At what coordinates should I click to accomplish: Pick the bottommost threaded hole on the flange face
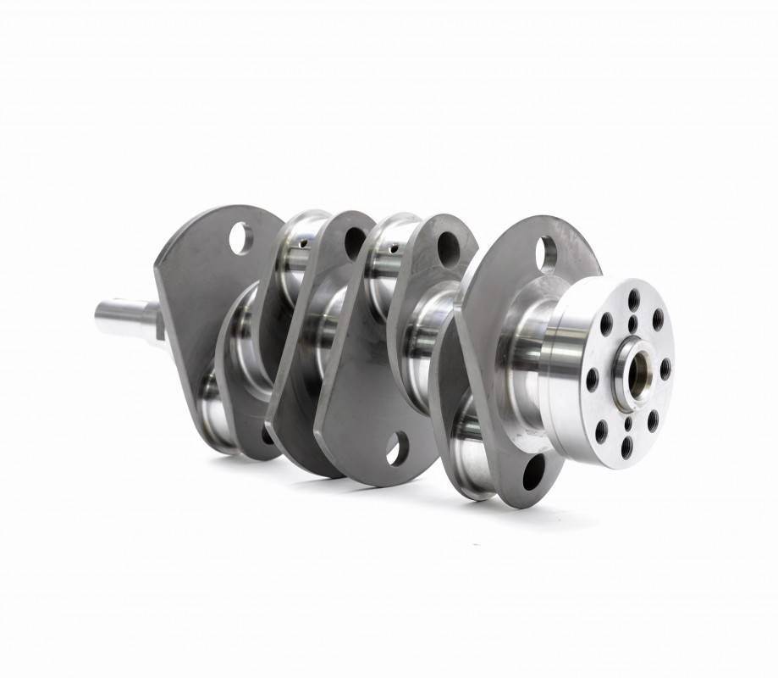[x=626, y=447]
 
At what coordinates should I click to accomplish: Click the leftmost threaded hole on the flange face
[x=592, y=379]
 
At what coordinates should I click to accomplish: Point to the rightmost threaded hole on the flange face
[x=665, y=370]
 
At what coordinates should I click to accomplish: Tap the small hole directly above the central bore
[x=633, y=323]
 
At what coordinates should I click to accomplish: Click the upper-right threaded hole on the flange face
[x=658, y=320]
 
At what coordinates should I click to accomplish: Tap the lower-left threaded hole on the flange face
[x=601, y=431]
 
